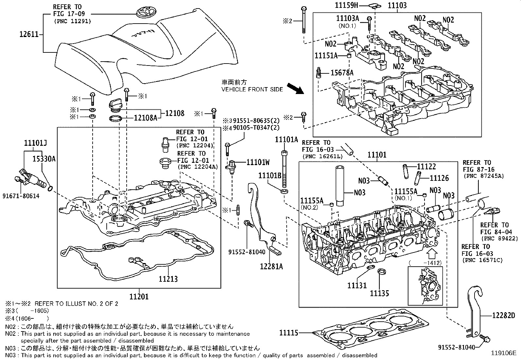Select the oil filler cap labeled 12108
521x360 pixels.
pos(115,105)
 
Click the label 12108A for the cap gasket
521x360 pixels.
pos(145,118)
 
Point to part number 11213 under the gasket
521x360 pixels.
pos(168,279)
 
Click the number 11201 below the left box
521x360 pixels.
pos(139,297)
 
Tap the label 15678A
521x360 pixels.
pos(342,73)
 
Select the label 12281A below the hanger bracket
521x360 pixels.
pos(272,266)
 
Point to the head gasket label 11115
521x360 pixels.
pos(289,333)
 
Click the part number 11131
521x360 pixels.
pos(357,286)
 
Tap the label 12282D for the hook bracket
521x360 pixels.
pos(504,315)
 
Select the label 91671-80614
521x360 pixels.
pos(21,196)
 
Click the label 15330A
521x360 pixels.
pos(44,159)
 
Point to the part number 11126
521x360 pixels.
pos(439,178)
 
